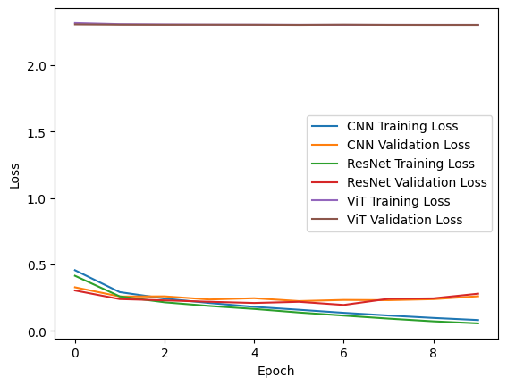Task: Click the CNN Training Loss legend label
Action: click(402, 126)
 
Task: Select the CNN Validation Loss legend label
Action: click(409, 145)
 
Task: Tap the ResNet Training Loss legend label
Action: click(410, 164)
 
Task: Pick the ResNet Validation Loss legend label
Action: click(417, 182)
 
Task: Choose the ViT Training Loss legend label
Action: click(399, 201)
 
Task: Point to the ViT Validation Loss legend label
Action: click(404, 220)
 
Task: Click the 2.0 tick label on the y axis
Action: click(38, 66)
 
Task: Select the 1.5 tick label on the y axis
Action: click(38, 132)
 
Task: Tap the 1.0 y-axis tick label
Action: click(38, 199)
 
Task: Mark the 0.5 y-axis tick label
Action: click(38, 265)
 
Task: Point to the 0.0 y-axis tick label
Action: click(38, 332)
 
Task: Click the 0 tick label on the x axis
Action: click(75, 353)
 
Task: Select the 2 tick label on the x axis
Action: click(165, 353)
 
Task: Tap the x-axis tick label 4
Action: click(255, 353)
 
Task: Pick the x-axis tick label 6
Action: click(343, 353)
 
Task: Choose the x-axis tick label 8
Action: click(434, 353)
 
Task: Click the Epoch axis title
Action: click(275, 372)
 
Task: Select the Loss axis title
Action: click(14, 176)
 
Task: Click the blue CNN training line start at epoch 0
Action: click(75, 270)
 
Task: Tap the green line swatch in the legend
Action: click(325, 164)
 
